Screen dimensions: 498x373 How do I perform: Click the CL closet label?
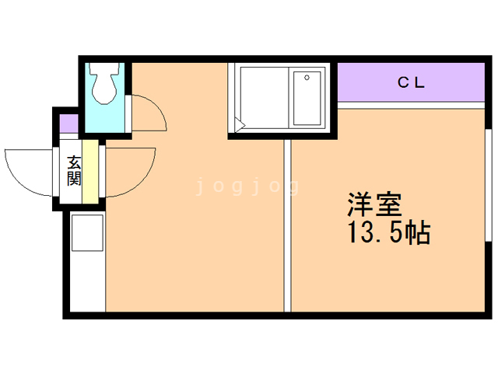[411, 83]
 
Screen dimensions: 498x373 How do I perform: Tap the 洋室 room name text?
[375, 204]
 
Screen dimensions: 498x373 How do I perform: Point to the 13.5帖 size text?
[390, 232]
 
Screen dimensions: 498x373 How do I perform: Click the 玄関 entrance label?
[74, 171]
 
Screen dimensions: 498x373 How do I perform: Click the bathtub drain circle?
[307, 78]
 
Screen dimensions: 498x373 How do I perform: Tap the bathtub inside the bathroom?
[307, 99]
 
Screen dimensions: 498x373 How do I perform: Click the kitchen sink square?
[87, 233]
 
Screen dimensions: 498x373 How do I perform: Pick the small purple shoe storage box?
[69, 124]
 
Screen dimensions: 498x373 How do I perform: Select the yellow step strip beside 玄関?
[90, 172]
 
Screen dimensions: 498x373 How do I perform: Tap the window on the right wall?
[489, 185]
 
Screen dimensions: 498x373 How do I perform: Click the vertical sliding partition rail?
[287, 226]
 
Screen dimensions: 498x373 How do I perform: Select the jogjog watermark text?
[247, 186]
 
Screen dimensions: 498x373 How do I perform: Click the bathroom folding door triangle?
[240, 124]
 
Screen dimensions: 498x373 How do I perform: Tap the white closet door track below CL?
[411, 106]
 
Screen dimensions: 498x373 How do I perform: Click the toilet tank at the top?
[104, 68]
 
